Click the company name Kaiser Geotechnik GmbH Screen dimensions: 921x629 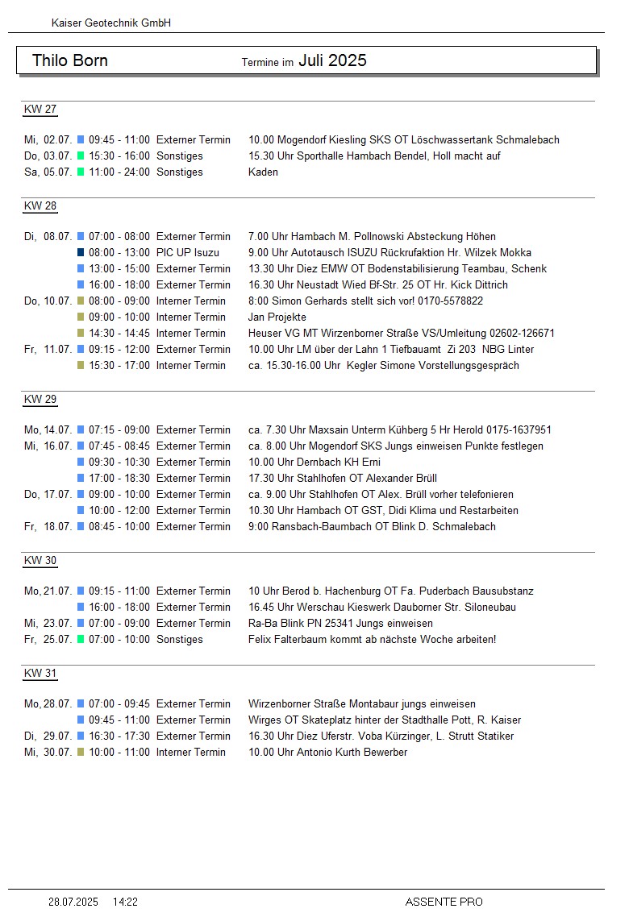click(x=110, y=23)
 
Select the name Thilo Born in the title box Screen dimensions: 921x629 click(x=70, y=60)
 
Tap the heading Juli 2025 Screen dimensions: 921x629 click(x=332, y=60)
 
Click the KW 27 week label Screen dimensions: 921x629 click(x=40, y=110)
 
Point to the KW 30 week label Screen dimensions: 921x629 click(x=40, y=561)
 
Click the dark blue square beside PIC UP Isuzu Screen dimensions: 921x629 click(x=81, y=252)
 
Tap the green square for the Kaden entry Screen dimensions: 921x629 click(x=81, y=172)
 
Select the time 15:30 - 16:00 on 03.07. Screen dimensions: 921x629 click(x=119, y=156)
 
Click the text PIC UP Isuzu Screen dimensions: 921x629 click(x=188, y=252)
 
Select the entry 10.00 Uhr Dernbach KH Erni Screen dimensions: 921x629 click(x=314, y=462)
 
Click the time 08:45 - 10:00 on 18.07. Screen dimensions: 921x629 click(x=119, y=526)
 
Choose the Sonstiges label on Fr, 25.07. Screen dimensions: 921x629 click(x=180, y=639)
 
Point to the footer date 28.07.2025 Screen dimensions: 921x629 click(x=73, y=902)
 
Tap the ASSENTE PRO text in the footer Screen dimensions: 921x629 click(x=444, y=902)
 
